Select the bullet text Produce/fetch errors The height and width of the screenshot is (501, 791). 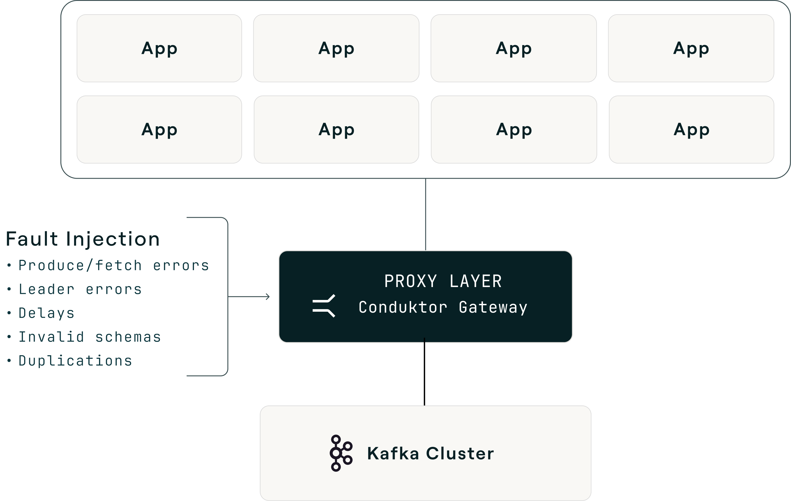[114, 266]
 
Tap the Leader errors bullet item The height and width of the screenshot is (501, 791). [80, 289]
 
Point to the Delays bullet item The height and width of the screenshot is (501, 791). [47, 313]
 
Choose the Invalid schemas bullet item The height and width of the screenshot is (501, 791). [89, 337]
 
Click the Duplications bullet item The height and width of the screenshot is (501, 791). [75, 361]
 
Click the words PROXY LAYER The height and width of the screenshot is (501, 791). [443, 281]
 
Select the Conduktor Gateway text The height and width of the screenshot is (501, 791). [443, 307]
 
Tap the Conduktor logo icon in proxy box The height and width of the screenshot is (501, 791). [324, 306]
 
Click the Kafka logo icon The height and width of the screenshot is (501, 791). [341, 453]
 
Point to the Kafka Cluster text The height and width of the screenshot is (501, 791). [430, 453]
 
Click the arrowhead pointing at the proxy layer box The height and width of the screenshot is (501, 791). [268, 297]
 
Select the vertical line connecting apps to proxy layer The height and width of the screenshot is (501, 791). [425, 215]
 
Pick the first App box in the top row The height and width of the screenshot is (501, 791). [159, 48]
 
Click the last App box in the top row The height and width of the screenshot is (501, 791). [691, 48]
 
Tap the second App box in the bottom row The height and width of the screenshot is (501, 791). [336, 130]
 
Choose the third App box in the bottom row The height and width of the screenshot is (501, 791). [514, 130]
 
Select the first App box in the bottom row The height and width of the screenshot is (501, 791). [159, 130]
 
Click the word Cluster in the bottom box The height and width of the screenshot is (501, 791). [460, 453]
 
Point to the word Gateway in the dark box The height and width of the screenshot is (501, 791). [493, 307]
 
